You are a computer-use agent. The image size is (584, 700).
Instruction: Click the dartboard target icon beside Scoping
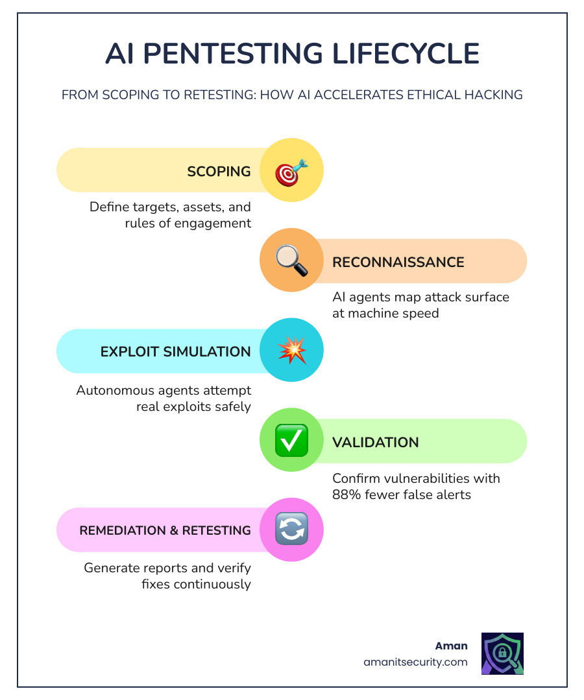coord(291,172)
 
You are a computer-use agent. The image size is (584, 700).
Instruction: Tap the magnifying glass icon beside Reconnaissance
coord(291,262)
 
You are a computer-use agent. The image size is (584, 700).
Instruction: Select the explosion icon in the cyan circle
coord(291,351)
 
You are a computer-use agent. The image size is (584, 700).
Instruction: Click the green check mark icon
coord(291,441)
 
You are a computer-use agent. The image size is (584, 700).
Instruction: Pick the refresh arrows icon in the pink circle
coord(291,530)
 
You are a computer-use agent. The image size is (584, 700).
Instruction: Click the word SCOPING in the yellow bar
coord(219,172)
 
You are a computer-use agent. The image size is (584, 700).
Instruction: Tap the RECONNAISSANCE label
coord(398,262)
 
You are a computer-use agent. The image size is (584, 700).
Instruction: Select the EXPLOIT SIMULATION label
coord(175,352)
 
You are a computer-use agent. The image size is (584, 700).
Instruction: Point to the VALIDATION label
coord(375,442)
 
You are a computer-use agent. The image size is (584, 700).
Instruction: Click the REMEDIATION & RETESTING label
coord(165,530)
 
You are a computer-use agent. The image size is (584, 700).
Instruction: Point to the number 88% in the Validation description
coord(346,495)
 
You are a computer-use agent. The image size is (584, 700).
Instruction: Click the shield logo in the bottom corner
coord(502,654)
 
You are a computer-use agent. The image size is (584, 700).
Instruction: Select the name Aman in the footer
coord(451,646)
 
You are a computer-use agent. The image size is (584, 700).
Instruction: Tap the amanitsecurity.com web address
coord(415,662)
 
